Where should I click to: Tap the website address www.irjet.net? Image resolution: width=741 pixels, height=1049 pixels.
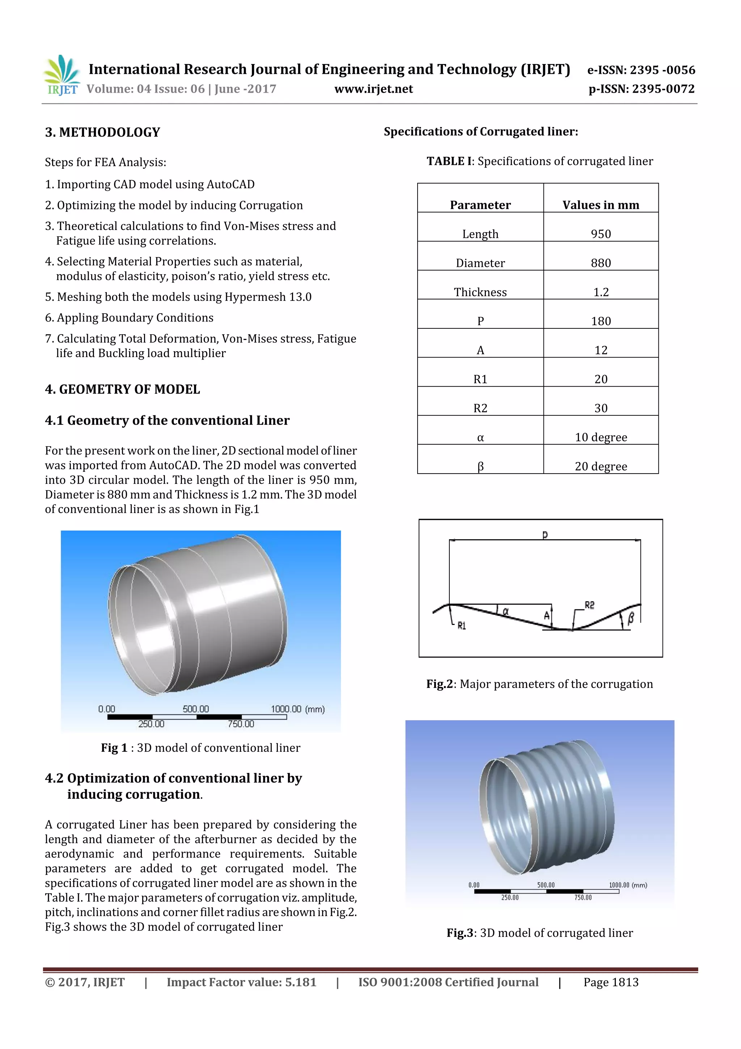373,89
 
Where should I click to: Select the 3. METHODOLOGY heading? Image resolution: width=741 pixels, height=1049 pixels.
103,133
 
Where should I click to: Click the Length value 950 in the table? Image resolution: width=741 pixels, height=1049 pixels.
600,234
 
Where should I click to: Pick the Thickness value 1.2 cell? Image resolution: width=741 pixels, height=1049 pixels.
600,292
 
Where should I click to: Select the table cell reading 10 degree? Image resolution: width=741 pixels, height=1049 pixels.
600,437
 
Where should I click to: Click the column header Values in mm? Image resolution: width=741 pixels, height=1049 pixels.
600,205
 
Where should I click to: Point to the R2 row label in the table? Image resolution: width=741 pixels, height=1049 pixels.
480,408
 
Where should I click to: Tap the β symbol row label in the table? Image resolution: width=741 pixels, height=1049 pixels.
480,466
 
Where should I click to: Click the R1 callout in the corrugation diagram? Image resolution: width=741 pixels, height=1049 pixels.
462,625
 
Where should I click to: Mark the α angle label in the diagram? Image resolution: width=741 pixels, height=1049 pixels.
505,611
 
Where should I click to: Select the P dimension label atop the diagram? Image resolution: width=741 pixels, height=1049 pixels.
545,534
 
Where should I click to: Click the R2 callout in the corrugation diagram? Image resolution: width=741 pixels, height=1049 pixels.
589,605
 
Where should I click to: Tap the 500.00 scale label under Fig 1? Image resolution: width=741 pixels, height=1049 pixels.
196,709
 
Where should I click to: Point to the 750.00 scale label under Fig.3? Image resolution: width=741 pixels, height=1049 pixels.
583,897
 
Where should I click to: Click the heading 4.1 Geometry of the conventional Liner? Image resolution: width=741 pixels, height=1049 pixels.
167,420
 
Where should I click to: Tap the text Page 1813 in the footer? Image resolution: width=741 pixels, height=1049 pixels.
611,982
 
